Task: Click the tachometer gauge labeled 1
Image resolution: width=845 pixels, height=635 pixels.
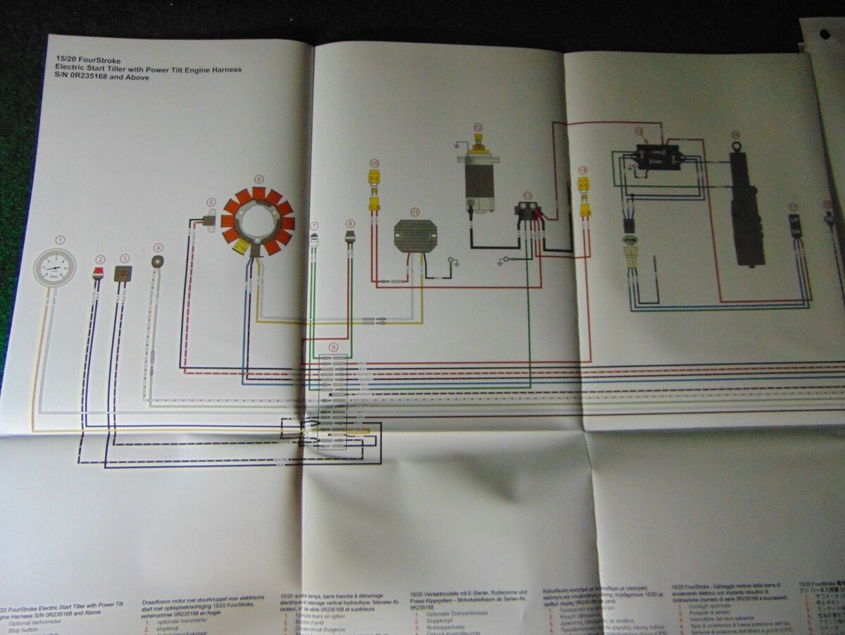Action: pyautogui.click(x=55, y=268)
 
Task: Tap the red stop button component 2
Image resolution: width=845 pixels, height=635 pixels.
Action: pyautogui.click(x=99, y=273)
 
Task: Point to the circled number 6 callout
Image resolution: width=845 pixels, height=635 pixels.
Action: pyautogui.click(x=258, y=179)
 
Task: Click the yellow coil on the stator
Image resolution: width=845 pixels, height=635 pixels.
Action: pyautogui.click(x=239, y=246)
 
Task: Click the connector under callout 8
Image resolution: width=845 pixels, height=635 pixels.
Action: pyautogui.click(x=350, y=238)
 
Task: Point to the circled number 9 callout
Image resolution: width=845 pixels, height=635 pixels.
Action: pyautogui.click(x=333, y=347)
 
